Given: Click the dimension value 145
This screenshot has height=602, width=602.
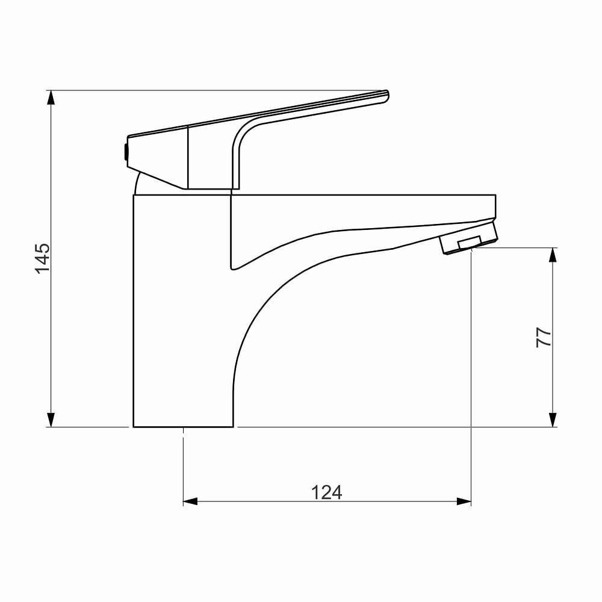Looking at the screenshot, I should pyautogui.click(x=42, y=258).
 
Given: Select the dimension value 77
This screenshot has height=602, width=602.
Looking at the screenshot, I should pyautogui.click(x=544, y=337).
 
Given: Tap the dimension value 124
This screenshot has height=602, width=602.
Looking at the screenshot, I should pyautogui.click(x=326, y=492).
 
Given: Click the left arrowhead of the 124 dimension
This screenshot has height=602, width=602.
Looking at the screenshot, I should pyautogui.click(x=190, y=501).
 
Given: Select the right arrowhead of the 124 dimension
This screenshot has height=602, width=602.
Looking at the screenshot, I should pyautogui.click(x=464, y=501).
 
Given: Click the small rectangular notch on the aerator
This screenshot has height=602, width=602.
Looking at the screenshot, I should pyautogui.click(x=470, y=243).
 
